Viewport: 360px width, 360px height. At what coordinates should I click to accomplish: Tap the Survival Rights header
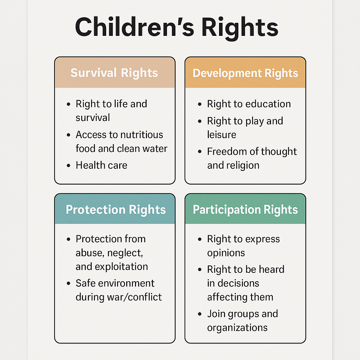coord(114,73)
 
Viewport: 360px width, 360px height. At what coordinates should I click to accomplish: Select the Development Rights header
coord(245,73)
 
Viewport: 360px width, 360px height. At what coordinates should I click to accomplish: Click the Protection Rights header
coord(116,210)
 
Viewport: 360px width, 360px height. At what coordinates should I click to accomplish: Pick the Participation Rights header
coord(245,210)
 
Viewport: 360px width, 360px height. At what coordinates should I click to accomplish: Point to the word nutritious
coord(141,135)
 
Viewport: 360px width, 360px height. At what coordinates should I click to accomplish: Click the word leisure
coord(221,135)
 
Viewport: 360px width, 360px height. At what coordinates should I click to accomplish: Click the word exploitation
coord(121,266)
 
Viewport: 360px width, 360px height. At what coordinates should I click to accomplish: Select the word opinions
coord(226,253)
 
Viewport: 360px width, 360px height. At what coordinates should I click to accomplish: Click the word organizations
coord(237,328)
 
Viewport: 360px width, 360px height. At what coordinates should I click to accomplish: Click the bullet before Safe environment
coord(69,284)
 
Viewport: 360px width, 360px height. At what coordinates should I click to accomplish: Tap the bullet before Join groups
coord(200,314)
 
